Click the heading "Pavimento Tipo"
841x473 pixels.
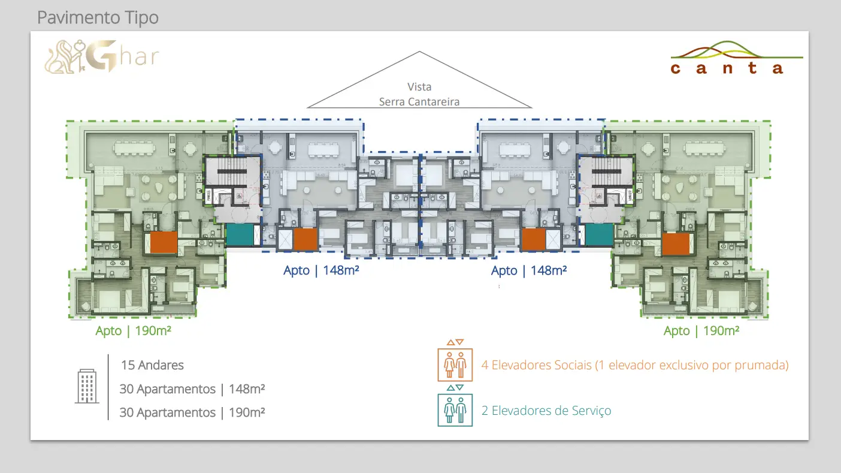(98, 17)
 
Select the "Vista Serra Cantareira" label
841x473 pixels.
(419, 95)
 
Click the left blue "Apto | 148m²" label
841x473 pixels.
(321, 270)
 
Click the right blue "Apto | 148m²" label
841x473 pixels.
(529, 270)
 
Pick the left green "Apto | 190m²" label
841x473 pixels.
(134, 330)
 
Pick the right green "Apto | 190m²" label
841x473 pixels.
(701, 330)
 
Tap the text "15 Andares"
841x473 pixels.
(152, 365)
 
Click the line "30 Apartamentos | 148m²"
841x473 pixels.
(192, 389)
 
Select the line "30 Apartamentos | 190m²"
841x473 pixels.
(192, 412)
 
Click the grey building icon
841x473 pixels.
(87, 386)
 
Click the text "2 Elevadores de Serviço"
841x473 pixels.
(546, 411)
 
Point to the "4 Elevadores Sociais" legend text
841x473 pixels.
(635, 365)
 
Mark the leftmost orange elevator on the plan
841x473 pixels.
(164, 243)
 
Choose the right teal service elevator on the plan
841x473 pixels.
(599, 234)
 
